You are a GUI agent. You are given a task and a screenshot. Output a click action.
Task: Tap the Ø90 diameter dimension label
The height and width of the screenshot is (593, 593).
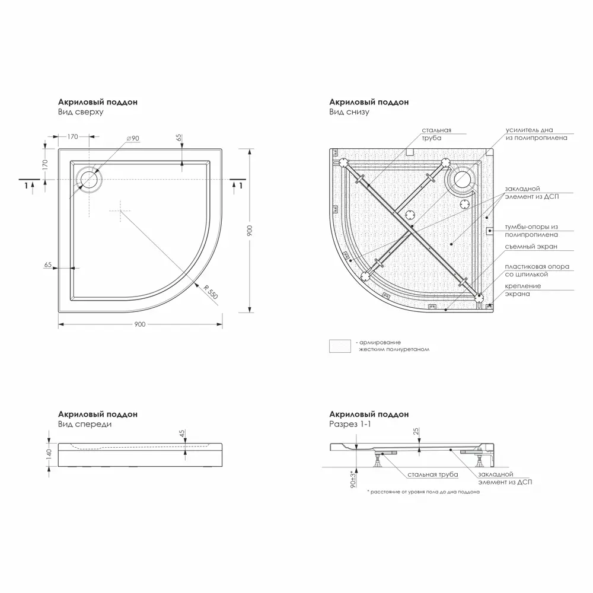pyautogui.click(x=132, y=138)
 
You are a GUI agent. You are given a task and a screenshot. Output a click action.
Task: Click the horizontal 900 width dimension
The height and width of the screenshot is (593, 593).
pyautogui.click(x=140, y=324)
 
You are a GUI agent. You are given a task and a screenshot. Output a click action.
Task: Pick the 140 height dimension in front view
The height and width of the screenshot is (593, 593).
pyautogui.click(x=49, y=454)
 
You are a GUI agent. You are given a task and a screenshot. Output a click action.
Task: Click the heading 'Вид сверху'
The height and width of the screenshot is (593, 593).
pyautogui.click(x=81, y=111)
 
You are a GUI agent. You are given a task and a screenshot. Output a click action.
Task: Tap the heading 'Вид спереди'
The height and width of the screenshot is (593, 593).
pyautogui.click(x=85, y=424)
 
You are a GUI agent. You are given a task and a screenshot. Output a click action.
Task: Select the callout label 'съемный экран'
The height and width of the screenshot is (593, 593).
pyautogui.click(x=531, y=247)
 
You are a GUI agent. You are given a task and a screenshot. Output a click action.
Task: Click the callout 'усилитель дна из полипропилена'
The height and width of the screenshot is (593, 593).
pyautogui.click(x=536, y=133)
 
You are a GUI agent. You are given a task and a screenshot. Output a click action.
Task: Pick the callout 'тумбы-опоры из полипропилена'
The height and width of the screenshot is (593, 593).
pyautogui.click(x=531, y=231)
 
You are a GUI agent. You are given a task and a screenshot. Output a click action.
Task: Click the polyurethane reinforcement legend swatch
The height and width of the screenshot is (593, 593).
pyautogui.click(x=340, y=346)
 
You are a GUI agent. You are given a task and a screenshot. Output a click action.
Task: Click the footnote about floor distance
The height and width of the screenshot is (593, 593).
pyautogui.click(x=423, y=492)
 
